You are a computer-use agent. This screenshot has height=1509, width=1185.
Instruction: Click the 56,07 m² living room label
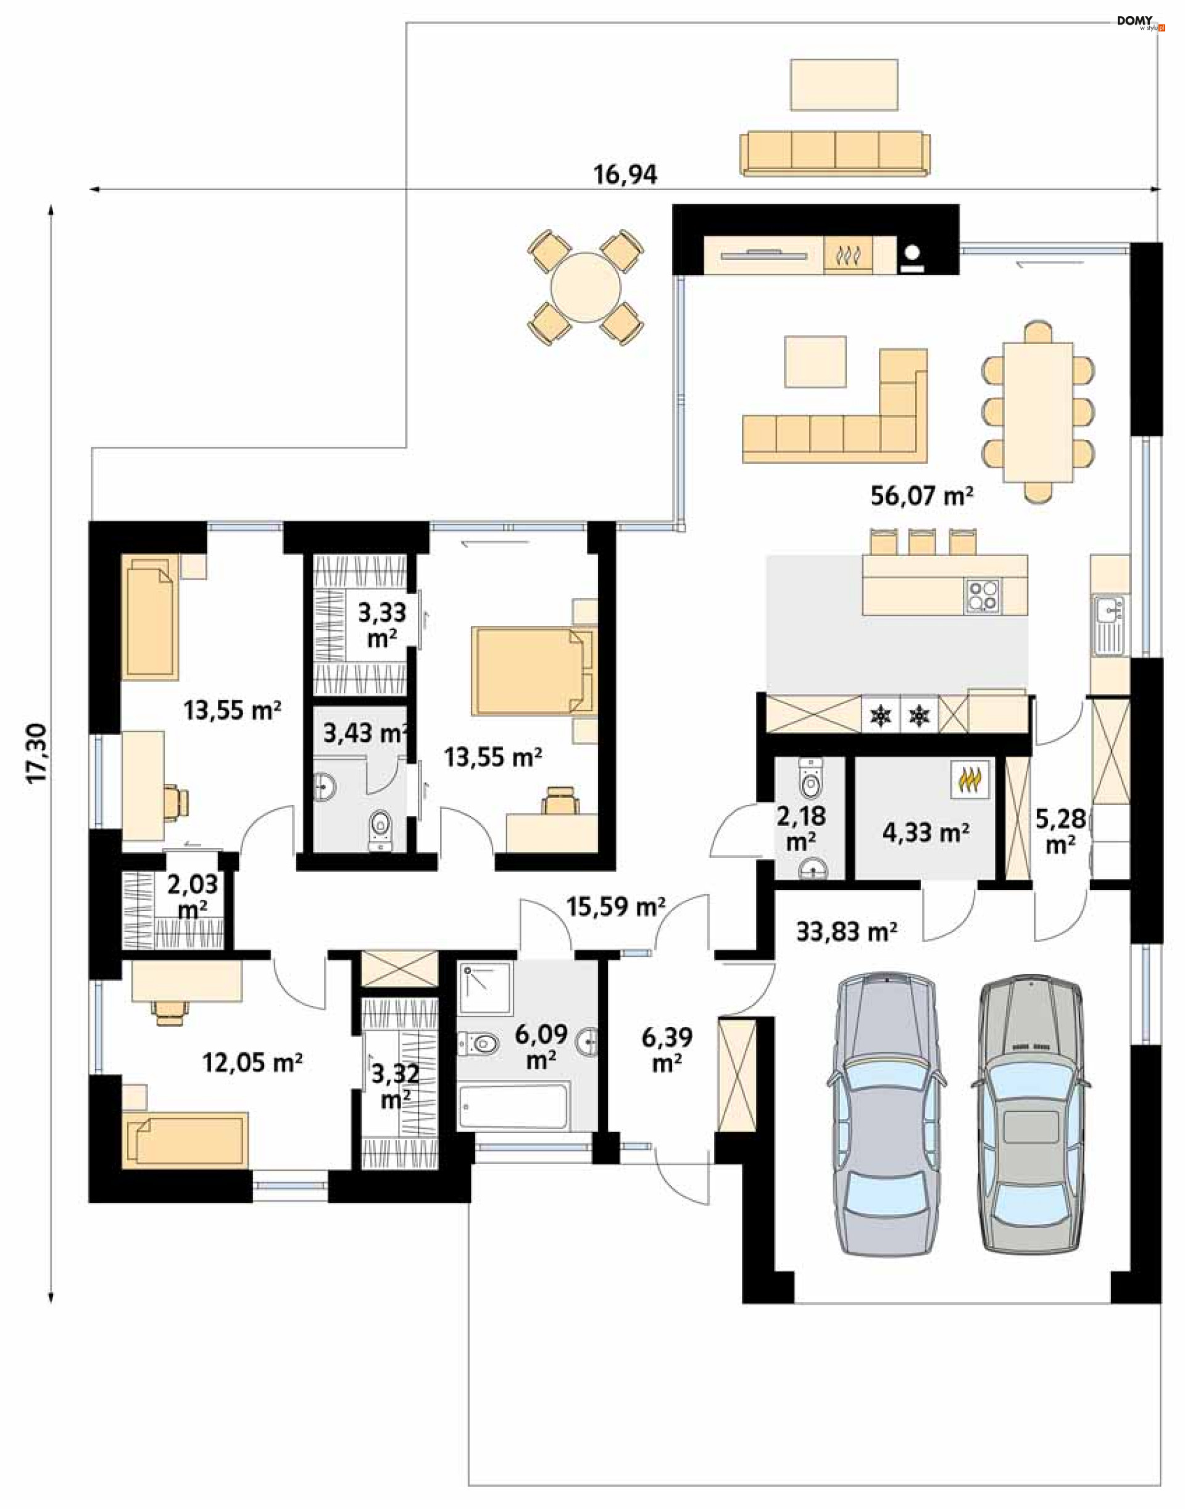(921, 496)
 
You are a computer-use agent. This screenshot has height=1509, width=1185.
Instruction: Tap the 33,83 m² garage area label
(846, 931)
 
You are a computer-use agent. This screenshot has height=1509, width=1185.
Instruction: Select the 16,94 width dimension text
(625, 175)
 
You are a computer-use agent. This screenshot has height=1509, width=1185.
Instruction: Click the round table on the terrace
(586, 287)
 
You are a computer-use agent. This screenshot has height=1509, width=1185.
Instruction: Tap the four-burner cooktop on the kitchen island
(983, 596)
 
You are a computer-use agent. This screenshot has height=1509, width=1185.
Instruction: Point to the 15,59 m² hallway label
(616, 906)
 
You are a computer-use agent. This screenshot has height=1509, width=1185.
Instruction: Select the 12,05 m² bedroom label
(252, 1062)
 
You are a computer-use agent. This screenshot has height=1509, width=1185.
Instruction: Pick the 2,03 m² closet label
(192, 896)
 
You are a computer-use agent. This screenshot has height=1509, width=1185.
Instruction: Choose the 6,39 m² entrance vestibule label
(667, 1050)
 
